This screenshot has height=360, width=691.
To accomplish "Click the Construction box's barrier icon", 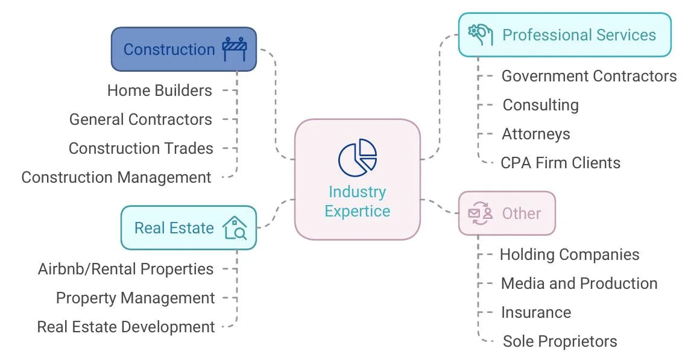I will coord(235,49).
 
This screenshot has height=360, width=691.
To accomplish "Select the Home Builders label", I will coord(159,90).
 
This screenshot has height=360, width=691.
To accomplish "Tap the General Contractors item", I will coord(140,119).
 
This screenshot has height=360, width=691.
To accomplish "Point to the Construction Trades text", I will coord(140,148).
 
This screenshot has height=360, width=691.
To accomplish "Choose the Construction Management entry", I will coord(116,177).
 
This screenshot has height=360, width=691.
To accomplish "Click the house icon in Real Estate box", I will coord(235,228).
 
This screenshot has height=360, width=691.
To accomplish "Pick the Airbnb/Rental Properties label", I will coord(125,269).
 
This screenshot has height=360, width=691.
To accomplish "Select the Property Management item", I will coord(135,298).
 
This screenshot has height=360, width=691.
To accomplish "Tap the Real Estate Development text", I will coord(125,327).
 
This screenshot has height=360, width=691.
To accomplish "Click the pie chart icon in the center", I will coord(357,157).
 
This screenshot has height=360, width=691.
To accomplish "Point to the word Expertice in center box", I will coord(357,211).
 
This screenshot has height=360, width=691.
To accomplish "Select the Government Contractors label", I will coord(588,76).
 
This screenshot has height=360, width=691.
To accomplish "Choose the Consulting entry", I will coord(540,105).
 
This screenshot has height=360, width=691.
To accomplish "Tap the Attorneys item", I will coord(535,134).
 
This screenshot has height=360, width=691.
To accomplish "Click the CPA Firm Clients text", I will coord(560,163).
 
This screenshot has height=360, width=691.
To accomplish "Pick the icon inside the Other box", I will coord(481,213).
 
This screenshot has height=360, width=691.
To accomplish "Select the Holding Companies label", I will coord(569,254).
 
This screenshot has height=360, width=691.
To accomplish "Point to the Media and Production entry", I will coord(579,283).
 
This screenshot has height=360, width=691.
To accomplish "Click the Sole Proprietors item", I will coord(560,341).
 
